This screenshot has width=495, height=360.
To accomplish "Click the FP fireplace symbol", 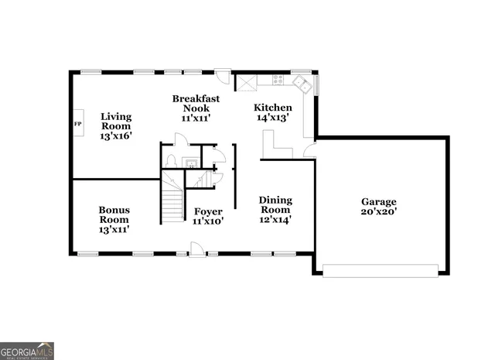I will [78, 124].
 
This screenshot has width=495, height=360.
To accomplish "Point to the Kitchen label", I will [274, 112].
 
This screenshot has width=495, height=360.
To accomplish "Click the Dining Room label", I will [275, 210].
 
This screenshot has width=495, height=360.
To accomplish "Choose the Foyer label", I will [208, 216].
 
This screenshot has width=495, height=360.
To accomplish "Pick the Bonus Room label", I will [114, 219].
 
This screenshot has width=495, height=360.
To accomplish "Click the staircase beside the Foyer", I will [171, 203].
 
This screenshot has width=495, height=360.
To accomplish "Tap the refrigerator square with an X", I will [247, 83].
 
